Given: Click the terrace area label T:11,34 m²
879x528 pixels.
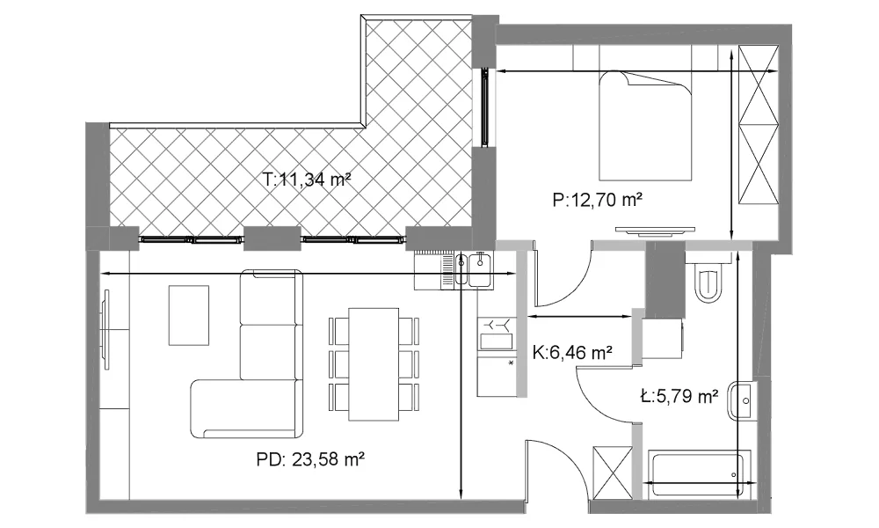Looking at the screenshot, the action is tap(307, 180).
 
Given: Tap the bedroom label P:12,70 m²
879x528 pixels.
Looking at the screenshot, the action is tap(597, 200).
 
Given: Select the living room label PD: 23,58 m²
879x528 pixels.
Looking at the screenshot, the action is tap(311, 459).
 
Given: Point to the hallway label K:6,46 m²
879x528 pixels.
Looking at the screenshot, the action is tap(572, 353).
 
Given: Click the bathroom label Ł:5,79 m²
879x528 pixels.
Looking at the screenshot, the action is tap(679, 397).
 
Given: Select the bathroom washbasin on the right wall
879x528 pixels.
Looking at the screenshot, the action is tap(741, 400).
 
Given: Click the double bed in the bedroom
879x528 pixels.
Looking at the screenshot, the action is tap(644, 125).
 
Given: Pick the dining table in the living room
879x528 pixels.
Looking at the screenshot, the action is tap(374, 363).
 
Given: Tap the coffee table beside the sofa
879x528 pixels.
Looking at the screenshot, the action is tap(189, 315).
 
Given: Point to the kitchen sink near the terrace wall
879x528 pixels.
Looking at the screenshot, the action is tap(474, 269).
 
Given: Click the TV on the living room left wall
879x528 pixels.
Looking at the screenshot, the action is tap(105, 329).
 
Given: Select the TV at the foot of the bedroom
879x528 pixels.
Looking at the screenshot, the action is tap(656, 231).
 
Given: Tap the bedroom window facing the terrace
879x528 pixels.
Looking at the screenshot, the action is tap(485, 107).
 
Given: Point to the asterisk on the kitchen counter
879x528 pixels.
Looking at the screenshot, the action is tap(511, 363).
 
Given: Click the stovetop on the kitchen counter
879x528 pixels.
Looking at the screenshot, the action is tap(496, 334).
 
